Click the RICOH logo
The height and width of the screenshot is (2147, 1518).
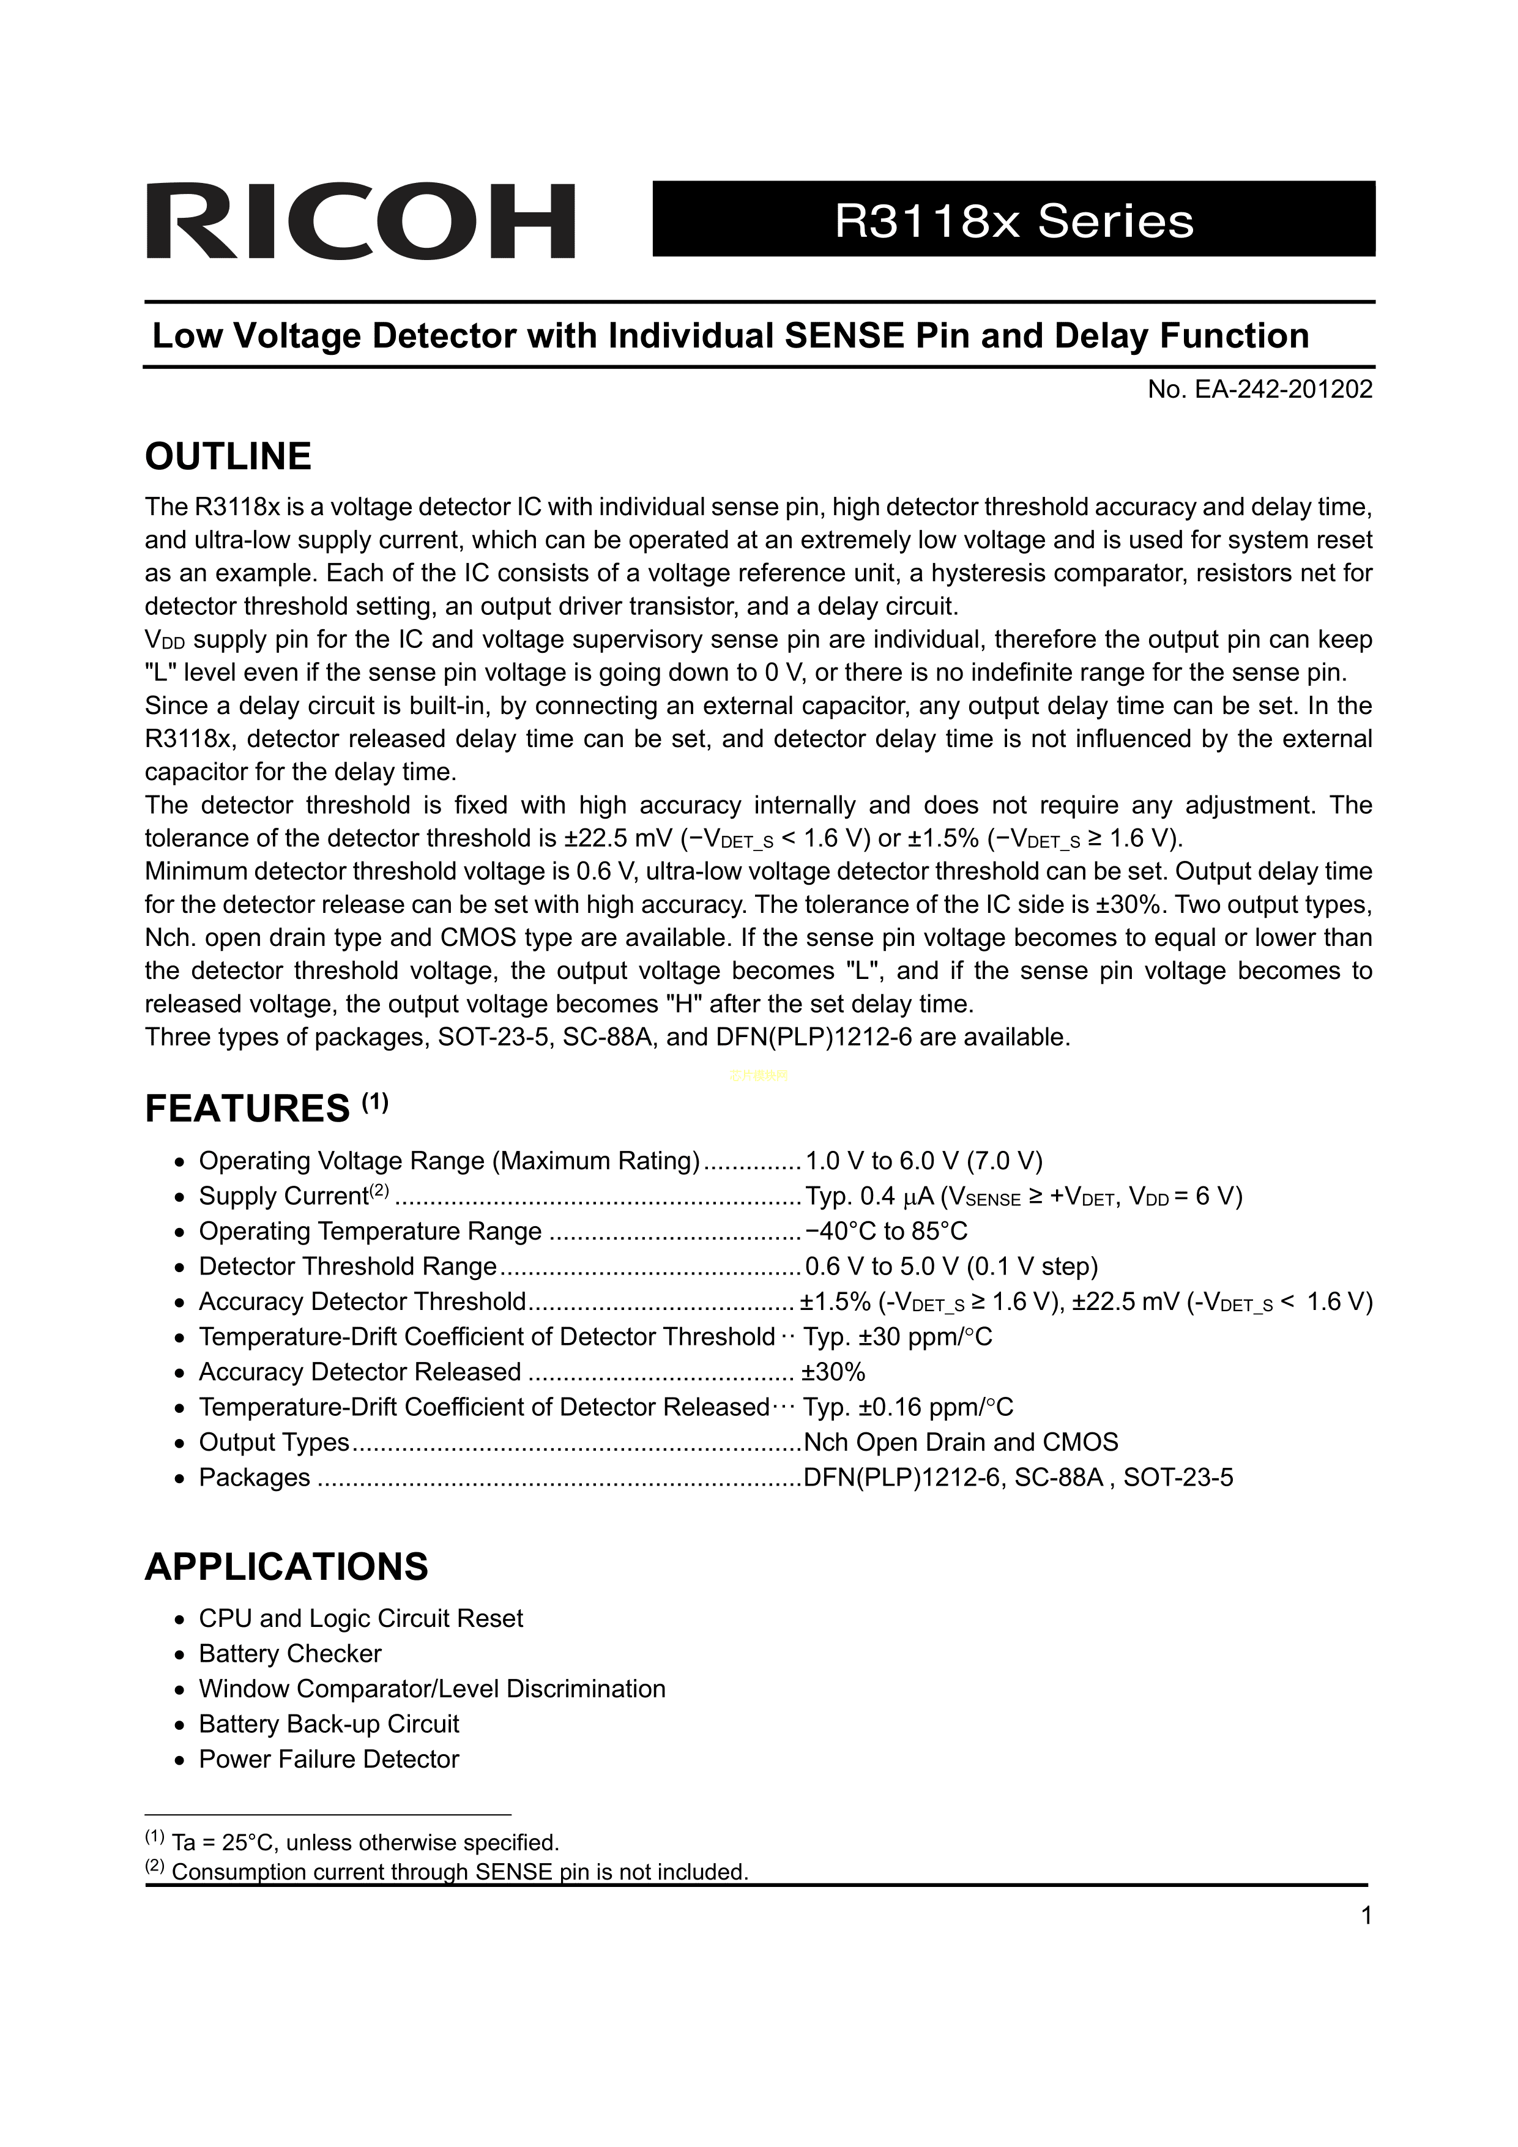pyautogui.click(x=360, y=221)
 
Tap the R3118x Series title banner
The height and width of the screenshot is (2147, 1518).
pyautogui.click(x=1013, y=220)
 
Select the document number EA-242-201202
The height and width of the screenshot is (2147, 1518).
pyautogui.click(x=1260, y=390)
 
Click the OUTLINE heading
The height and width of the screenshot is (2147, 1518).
pyautogui.click(x=228, y=456)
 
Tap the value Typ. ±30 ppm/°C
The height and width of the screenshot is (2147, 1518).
pyautogui.click(x=897, y=1337)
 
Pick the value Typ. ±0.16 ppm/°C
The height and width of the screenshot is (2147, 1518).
pyautogui.click(x=907, y=1407)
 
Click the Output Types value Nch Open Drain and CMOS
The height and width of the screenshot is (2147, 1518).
pyautogui.click(x=961, y=1442)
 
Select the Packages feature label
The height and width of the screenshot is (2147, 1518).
pyautogui.click(x=255, y=1478)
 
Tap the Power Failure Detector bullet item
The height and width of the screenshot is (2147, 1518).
pyautogui.click(x=329, y=1760)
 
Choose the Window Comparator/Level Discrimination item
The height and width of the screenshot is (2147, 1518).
pyautogui.click(x=432, y=1689)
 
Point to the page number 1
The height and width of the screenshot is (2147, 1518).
pyautogui.click(x=1366, y=1917)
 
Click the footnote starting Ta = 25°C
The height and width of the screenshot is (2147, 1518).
pyautogui.click(x=365, y=1843)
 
